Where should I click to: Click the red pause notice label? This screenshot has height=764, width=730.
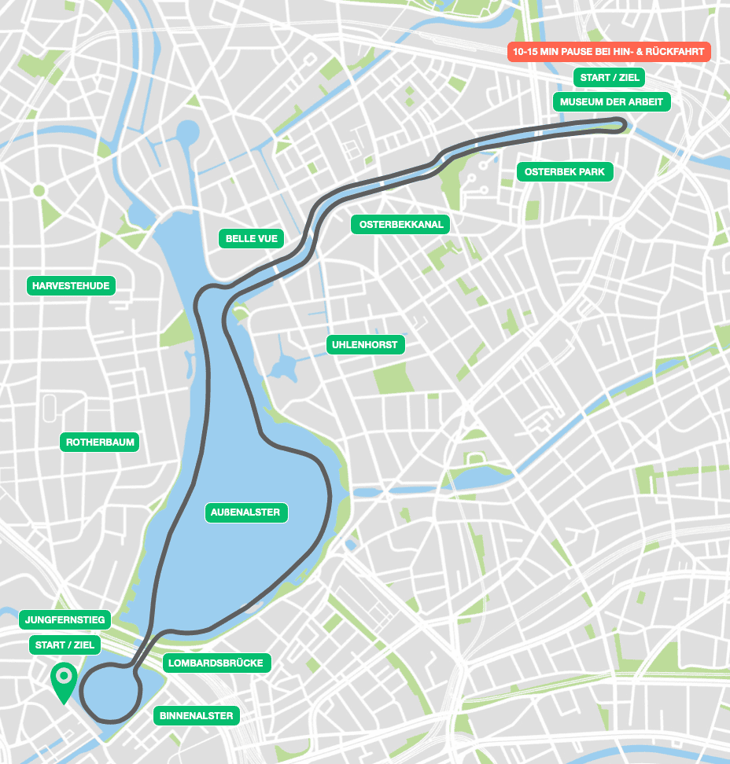click(608, 53)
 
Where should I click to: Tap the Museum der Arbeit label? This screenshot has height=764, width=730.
click(611, 101)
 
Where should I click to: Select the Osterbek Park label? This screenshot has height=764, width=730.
click(564, 171)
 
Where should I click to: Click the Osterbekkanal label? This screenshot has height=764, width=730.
click(401, 224)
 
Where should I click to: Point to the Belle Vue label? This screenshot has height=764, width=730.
click(252, 238)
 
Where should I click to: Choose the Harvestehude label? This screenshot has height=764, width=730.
click(71, 285)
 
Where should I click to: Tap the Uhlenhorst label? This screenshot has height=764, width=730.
click(366, 344)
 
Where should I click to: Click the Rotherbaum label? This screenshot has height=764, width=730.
click(100, 442)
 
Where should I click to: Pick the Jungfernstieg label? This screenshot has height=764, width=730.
click(65, 620)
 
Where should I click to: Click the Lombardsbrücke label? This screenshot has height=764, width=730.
click(217, 663)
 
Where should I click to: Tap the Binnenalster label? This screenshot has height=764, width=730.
click(196, 715)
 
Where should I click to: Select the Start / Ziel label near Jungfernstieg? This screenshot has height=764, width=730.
click(65, 645)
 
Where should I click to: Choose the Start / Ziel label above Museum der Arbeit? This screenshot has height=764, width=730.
click(610, 77)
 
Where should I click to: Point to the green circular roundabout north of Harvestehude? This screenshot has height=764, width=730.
click(39, 190)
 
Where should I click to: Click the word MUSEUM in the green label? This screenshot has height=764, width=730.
click(584, 101)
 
